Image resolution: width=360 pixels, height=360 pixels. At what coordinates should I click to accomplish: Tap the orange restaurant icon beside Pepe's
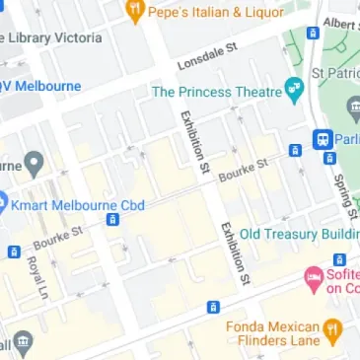point(134,13)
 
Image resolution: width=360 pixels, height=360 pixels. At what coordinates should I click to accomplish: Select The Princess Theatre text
point(217,92)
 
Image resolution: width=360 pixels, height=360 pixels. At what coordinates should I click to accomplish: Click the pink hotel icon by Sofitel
point(314,279)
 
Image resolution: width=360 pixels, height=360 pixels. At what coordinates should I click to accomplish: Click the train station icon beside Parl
point(322,138)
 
